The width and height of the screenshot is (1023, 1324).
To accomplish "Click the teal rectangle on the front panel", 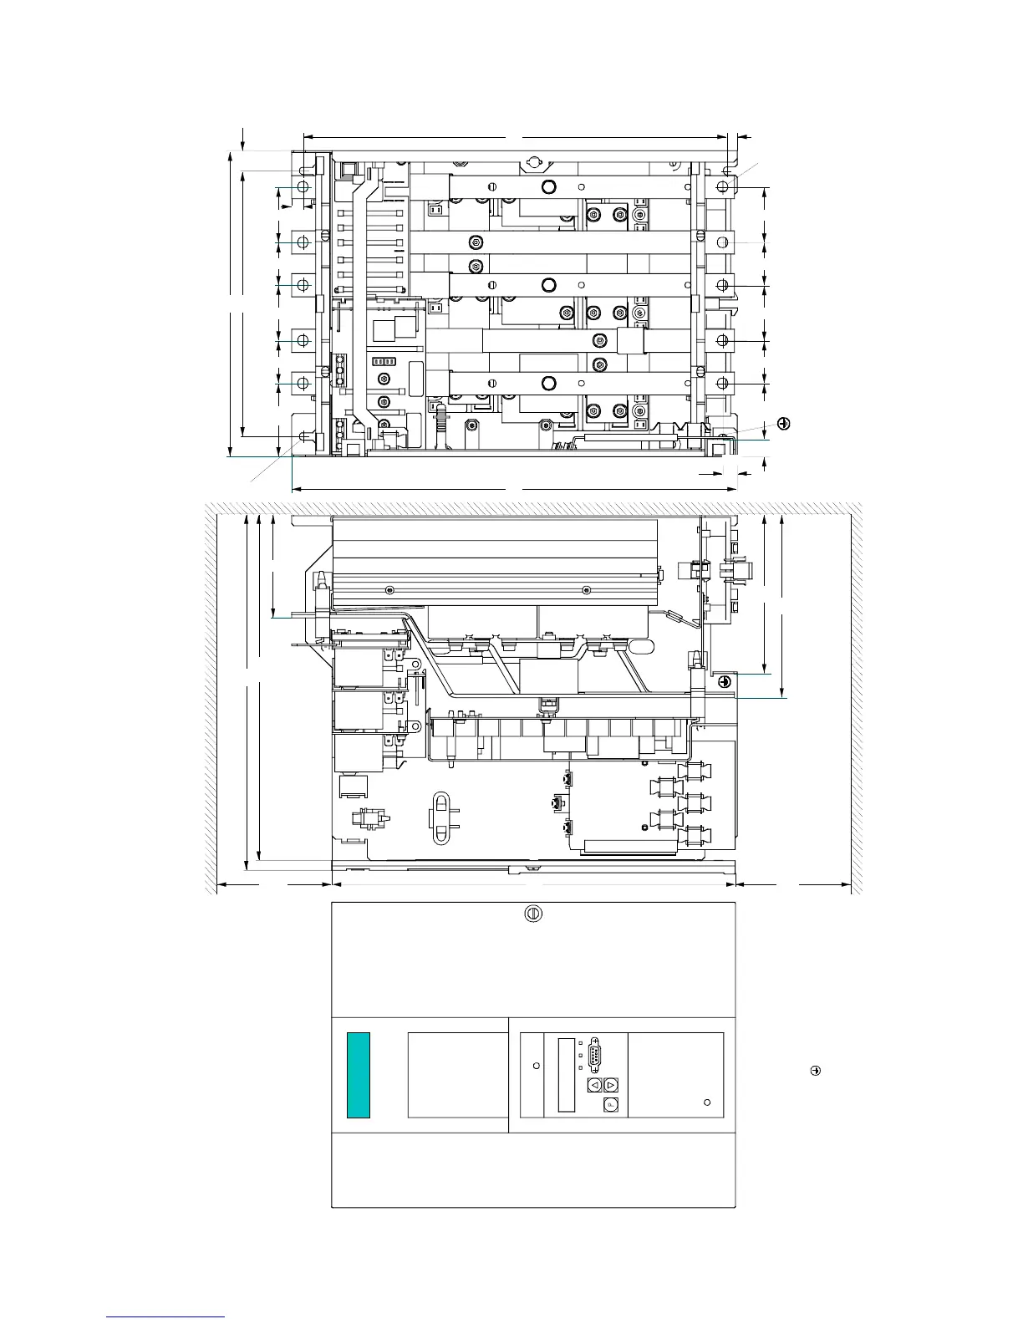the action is (x=359, y=1075).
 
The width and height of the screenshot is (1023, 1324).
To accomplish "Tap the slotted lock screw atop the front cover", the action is (x=532, y=914).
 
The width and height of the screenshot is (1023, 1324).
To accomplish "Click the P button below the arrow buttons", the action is (x=611, y=1105).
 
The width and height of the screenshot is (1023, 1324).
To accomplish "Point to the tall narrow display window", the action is (x=566, y=1075).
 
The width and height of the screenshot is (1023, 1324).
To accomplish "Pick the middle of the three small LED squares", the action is (x=581, y=1057).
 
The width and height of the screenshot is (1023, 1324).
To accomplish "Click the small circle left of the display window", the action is (x=537, y=1066).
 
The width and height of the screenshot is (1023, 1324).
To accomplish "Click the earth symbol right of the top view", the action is (x=783, y=424).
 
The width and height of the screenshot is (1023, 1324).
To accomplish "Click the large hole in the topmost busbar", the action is (x=548, y=186).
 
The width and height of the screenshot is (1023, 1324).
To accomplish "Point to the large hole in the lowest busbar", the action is (x=548, y=384).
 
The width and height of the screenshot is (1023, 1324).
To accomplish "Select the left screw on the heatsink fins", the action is (x=389, y=590).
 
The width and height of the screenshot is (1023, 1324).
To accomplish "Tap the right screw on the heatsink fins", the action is (x=587, y=590).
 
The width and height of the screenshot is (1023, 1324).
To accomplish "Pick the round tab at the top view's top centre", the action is (x=532, y=160).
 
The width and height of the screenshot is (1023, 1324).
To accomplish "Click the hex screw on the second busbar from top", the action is (x=476, y=242).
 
